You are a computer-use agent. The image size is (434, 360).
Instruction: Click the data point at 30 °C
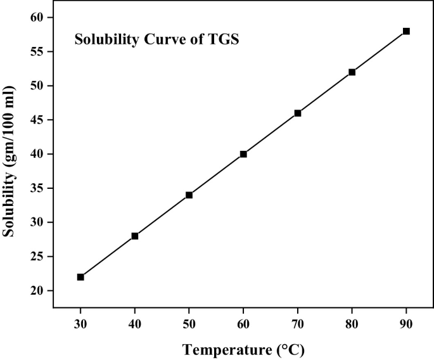pyautogui.click(x=80, y=277)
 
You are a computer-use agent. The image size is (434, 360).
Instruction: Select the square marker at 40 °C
pyautogui.click(x=135, y=236)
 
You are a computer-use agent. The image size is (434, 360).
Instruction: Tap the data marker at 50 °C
pyautogui.click(x=189, y=195)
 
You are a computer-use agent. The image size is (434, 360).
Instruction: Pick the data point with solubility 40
pyautogui.click(x=243, y=154)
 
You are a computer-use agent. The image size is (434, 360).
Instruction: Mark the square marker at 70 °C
pyautogui.click(x=298, y=113)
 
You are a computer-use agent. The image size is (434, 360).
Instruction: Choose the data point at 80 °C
pyautogui.click(x=352, y=72)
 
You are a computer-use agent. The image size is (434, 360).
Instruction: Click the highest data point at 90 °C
pyautogui.click(x=406, y=31)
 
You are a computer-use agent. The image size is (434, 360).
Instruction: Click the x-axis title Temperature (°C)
pyautogui.click(x=243, y=349)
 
